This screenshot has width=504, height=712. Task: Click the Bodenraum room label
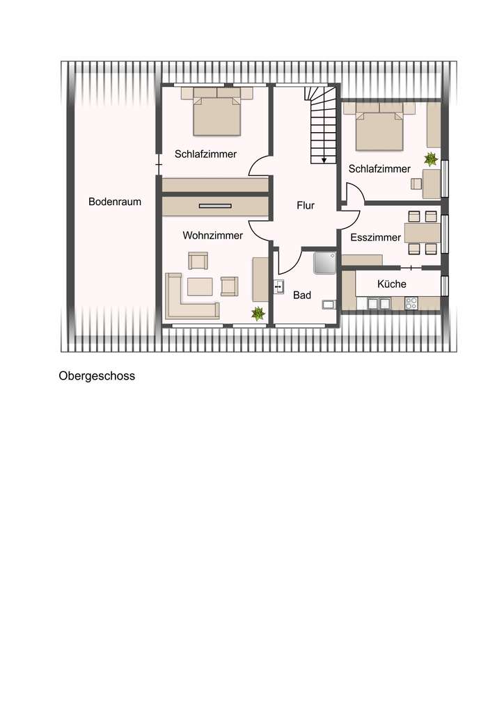pos(115,202)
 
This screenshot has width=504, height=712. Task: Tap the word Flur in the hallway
pos(306,206)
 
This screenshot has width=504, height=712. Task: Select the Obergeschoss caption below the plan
pos(97,376)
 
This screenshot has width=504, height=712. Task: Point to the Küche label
pos(391,284)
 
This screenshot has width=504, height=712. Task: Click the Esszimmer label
pos(375,237)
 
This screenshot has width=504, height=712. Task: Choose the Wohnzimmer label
pos(213,236)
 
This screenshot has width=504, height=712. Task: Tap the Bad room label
pos(302,296)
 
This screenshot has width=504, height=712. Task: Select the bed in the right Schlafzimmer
pos(379,130)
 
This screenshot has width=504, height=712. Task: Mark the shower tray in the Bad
pos(325,263)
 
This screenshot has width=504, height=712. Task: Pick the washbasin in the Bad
pos(279,286)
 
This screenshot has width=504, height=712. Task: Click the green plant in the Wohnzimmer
pos(258,314)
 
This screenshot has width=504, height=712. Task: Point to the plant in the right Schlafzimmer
pos(431,159)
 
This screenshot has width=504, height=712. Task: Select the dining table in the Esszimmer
pos(423,232)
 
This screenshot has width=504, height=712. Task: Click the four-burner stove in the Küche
pos(411,302)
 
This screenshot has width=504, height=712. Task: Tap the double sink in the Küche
pos(378,302)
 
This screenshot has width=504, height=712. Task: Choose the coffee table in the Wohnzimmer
pos(200,286)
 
